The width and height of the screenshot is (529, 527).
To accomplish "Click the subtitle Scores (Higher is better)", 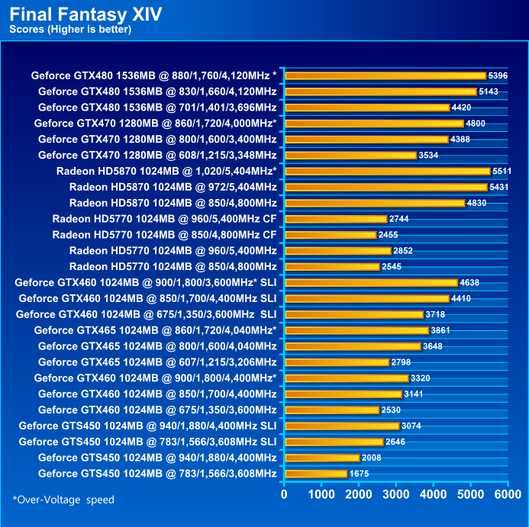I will (70, 30).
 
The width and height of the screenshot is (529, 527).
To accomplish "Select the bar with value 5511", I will (387, 171).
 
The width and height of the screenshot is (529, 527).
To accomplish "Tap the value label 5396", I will (498, 76).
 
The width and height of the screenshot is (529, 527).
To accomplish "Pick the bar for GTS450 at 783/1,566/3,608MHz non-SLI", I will (315, 474).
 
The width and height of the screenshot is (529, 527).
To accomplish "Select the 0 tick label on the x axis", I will (285, 494).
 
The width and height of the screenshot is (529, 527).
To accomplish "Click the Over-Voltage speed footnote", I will (63, 500).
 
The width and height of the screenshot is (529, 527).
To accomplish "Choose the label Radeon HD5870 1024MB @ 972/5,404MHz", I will (173, 187).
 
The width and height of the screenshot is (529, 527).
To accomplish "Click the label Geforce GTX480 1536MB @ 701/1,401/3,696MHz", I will (157, 107).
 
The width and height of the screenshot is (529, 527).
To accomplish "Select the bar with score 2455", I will (330, 235).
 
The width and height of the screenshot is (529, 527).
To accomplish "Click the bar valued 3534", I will (350, 155).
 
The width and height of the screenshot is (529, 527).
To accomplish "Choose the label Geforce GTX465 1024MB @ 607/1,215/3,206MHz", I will (157, 362).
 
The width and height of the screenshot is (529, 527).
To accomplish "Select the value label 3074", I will (411, 426).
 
